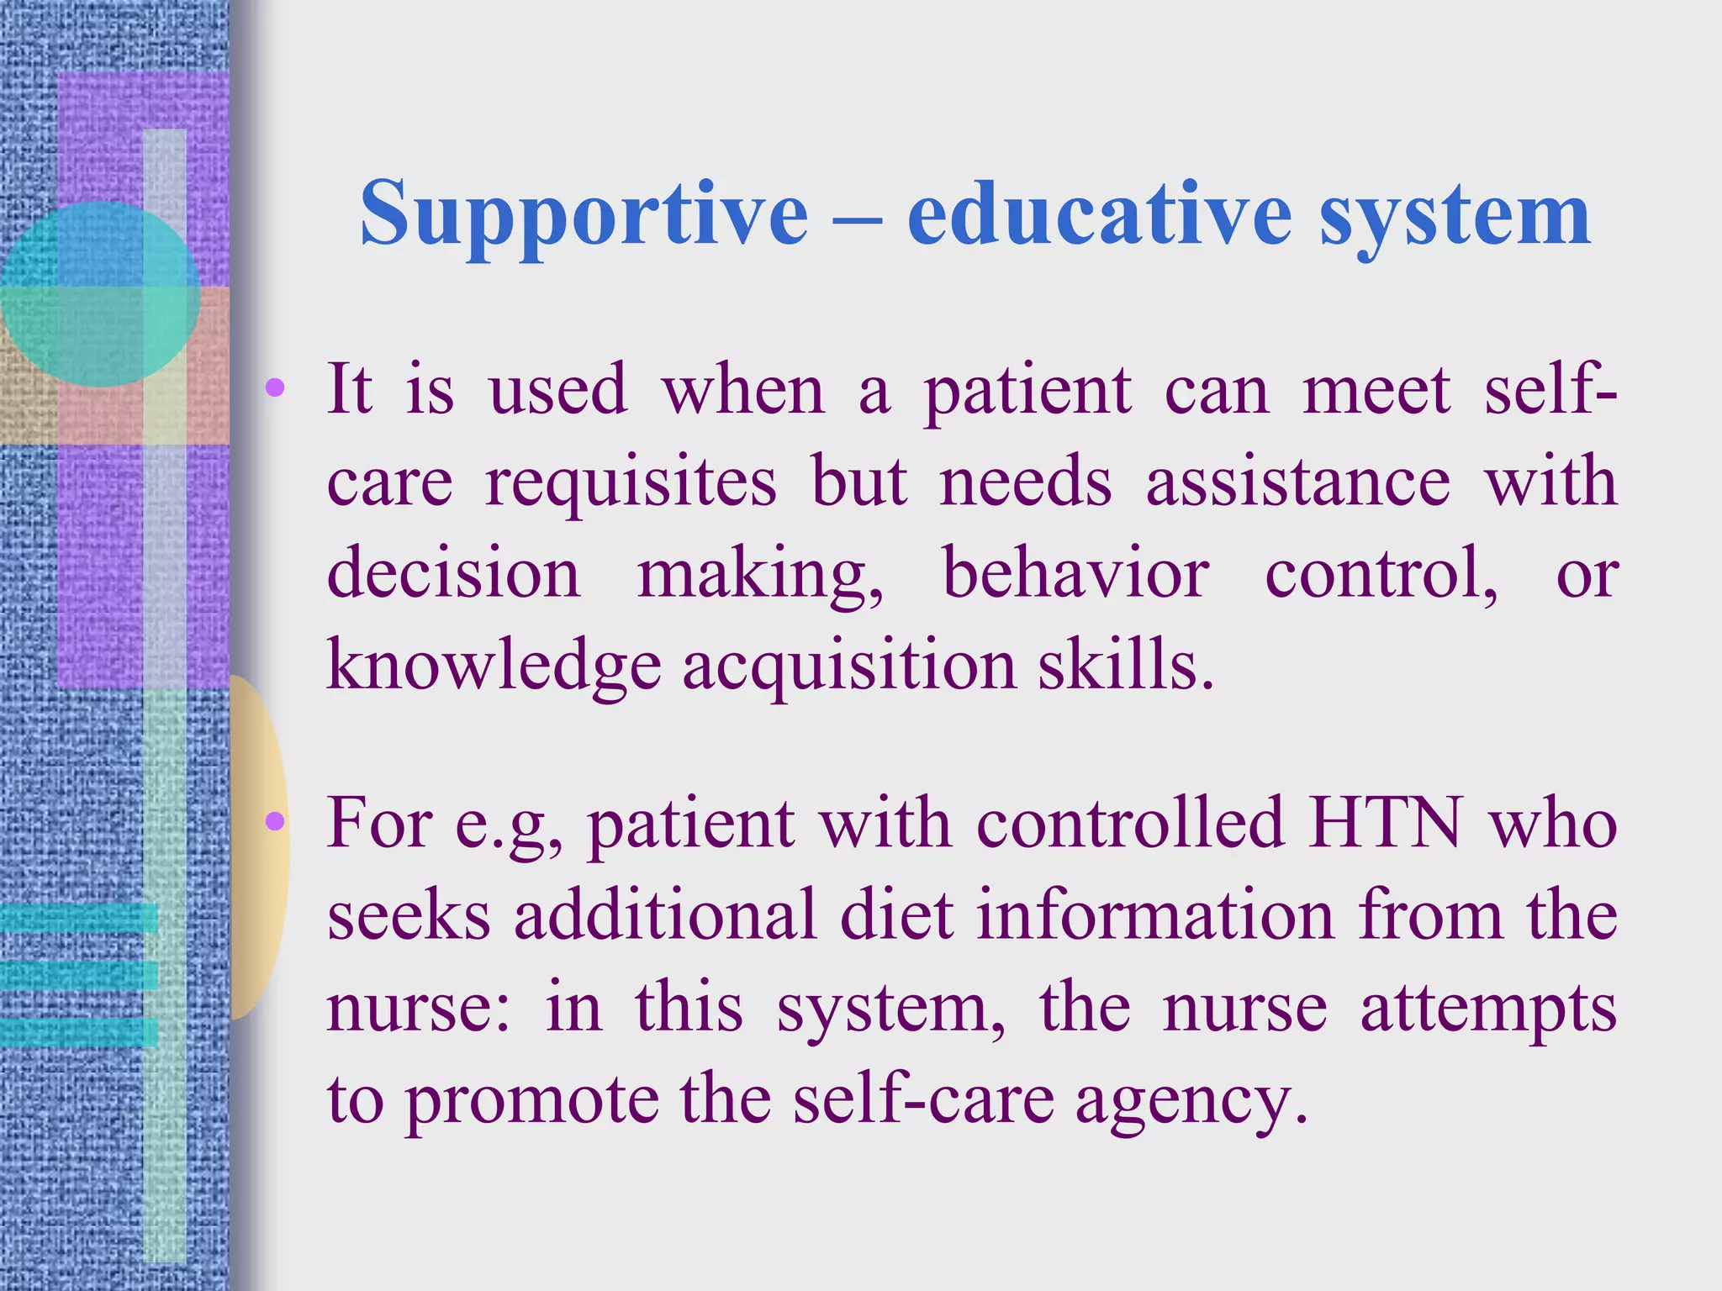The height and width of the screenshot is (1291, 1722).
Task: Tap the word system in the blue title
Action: (1455, 216)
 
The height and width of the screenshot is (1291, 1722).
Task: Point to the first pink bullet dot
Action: (275, 388)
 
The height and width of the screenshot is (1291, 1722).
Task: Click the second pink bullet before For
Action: (275, 821)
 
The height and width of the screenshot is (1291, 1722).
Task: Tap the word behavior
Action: (1075, 573)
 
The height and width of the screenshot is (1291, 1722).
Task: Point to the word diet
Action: (896, 914)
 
